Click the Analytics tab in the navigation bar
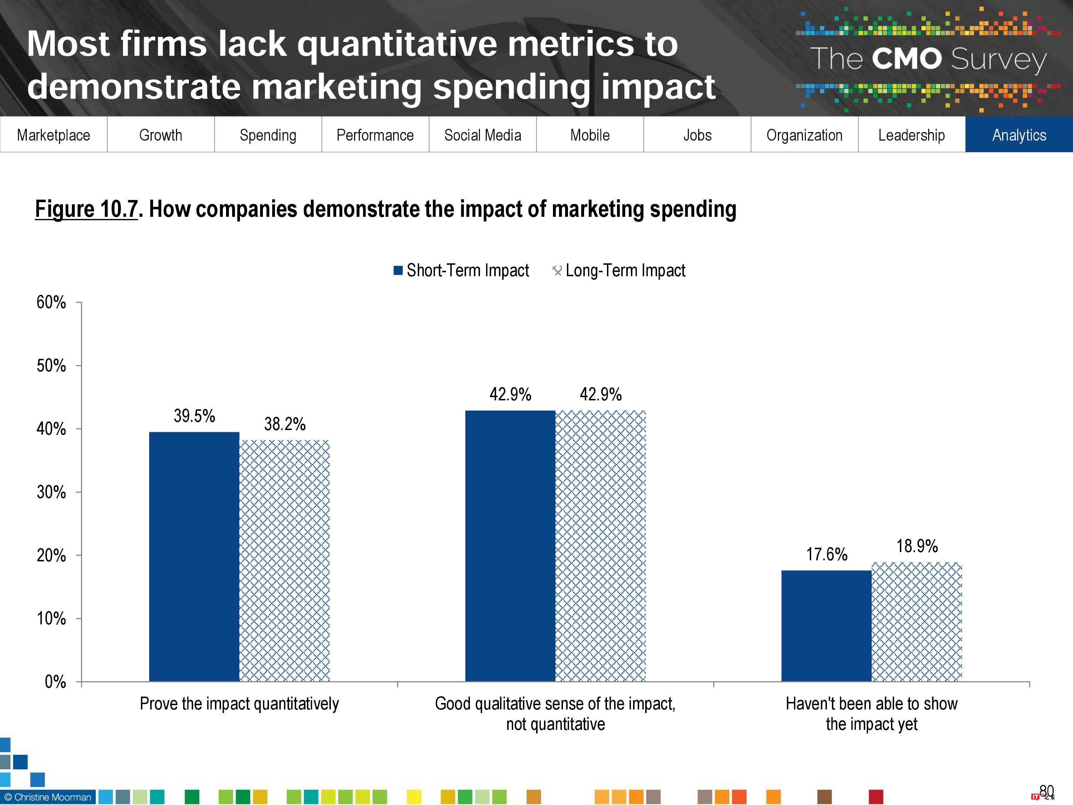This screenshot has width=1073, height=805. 1019,135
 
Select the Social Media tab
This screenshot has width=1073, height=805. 482,135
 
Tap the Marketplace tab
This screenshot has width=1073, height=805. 53,135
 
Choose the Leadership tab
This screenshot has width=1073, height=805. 911,135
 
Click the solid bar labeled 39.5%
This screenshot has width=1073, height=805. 194,557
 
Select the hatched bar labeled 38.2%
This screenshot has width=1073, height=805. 285,560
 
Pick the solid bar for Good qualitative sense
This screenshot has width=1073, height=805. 510,546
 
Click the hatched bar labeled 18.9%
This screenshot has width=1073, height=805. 917,621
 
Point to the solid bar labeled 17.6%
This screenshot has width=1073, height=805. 827,626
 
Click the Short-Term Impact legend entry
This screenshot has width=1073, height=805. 461,270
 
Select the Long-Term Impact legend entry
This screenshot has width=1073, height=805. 619,270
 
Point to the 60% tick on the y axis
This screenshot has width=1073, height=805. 52,302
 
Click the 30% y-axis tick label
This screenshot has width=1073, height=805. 52,492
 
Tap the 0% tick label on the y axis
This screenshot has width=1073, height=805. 55,682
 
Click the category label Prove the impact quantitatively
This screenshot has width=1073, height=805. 239,704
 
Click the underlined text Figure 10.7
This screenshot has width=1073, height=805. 86,209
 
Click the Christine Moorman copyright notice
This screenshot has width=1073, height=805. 48,797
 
